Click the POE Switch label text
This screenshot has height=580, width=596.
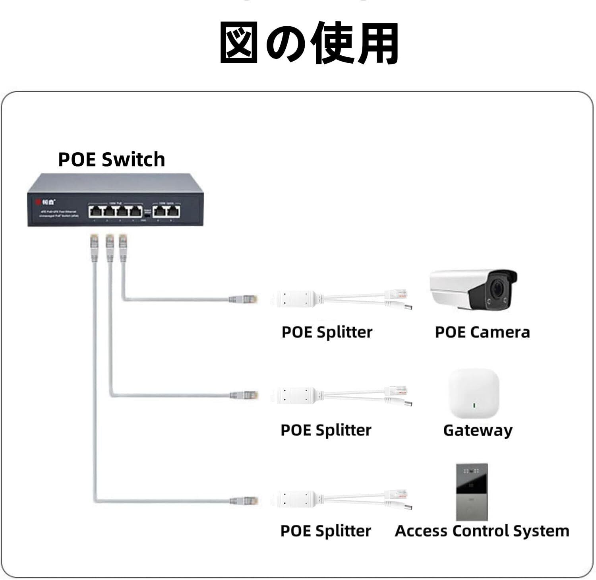coord(111,159)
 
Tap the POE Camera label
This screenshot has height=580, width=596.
coord(482,332)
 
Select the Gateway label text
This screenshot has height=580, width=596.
coord(477,430)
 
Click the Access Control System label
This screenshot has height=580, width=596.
coord(482,531)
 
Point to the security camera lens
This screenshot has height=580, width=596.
coord(497,289)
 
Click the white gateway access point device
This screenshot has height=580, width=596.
coord(474,394)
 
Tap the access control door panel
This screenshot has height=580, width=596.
coord(472,492)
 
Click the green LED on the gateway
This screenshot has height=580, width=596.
coord(473,406)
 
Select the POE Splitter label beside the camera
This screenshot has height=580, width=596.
coord(327,332)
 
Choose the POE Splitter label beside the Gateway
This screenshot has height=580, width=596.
coord(326,430)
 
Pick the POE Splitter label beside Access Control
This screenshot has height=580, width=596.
coord(325,531)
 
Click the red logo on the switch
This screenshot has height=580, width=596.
coord(39,202)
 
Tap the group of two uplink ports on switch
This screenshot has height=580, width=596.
coord(166,211)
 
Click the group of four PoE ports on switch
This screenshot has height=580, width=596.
coord(115,211)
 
